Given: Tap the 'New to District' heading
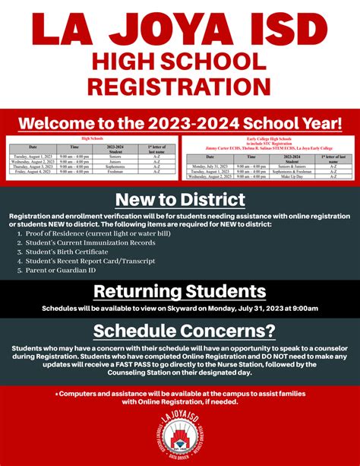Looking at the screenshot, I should point(180,200).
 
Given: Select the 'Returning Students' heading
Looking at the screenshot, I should point(180,291).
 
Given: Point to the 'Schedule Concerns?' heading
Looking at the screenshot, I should point(180,330).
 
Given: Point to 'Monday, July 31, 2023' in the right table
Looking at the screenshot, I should point(209,165).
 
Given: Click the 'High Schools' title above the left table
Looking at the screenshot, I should point(93,138).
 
